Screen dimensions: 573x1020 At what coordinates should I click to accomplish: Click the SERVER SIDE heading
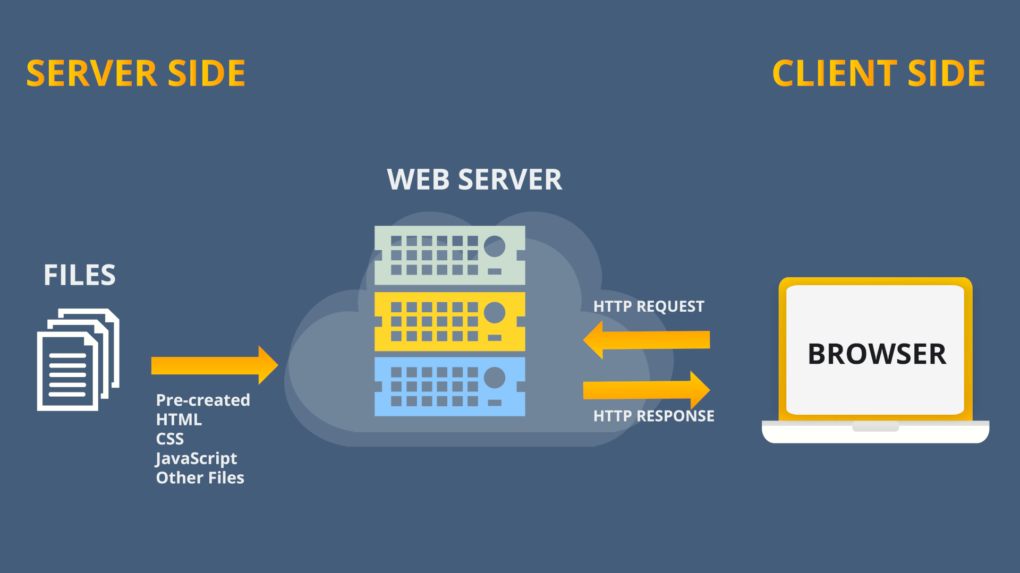point(136,73)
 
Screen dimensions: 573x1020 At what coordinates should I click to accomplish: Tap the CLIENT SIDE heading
point(879,73)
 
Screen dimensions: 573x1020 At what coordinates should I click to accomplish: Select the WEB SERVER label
point(474,179)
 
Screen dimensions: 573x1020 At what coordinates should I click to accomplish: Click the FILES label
point(80,275)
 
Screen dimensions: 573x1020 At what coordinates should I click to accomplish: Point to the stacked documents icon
point(78,360)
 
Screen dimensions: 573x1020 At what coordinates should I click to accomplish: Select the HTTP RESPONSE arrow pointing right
point(646,390)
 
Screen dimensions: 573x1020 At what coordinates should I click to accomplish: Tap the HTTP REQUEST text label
point(649,306)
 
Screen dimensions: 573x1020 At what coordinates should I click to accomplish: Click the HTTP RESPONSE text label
point(653,416)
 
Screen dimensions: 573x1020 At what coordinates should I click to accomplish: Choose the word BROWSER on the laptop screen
point(877,354)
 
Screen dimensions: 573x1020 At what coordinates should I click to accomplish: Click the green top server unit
point(449,255)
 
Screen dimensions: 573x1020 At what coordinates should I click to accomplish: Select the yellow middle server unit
point(449,321)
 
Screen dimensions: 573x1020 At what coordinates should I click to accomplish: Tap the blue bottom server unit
point(449,386)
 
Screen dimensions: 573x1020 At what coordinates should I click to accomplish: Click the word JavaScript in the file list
point(196,458)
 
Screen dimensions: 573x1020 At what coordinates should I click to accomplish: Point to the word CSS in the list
point(170,439)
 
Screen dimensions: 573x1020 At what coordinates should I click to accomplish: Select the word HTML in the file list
point(179,420)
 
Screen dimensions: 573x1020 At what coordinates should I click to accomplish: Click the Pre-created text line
point(203,400)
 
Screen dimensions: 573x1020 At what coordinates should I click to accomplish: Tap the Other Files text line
point(200,478)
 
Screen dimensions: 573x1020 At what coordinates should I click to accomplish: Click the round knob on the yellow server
point(495,312)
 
